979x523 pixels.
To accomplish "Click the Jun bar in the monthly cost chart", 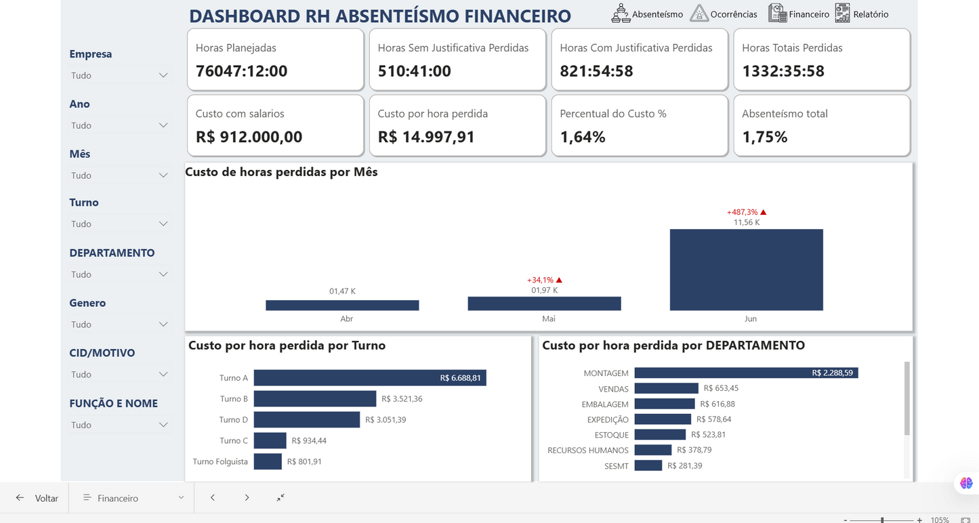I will click(x=746, y=270).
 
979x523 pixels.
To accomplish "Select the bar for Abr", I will click(x=342, y=306).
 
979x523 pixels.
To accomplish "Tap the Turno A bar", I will click(x=369, y=378).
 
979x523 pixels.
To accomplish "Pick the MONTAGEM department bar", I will click(x=746, y=373).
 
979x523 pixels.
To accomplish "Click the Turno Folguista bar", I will click(x=268, y=461).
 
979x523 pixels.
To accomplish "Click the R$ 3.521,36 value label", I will click(x=402, y=399).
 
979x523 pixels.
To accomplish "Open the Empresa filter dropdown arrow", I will click(x=163, y=75).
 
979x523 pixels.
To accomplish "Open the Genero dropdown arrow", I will click(x=163, y=325).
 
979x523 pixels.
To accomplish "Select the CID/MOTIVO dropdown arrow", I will click(x=163, y=375).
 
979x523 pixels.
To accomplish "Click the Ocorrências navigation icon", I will click(x=699, y=14).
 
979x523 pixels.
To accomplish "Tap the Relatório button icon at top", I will click(x=842, y=14).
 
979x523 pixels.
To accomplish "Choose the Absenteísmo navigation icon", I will click(x=621, y=14).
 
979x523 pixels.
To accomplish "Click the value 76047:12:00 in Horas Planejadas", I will click(x=241, y=71).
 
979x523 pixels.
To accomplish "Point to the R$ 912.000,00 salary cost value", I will click(x=249, y=137).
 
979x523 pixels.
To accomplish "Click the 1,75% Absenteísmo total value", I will click(x=764, y=137).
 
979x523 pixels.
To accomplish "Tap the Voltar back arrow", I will click(x=20, y=498).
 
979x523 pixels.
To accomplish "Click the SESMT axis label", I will click(x=617, y=466).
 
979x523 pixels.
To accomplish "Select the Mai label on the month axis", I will click(x=548, y=318).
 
